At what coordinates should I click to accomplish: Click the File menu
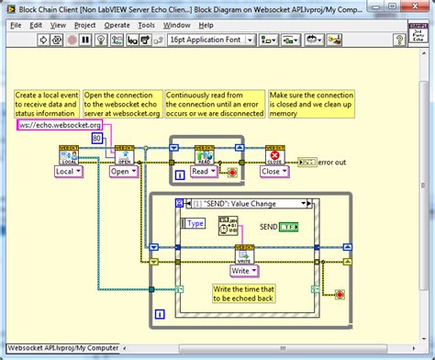coord(16,25)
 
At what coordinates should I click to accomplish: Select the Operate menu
coord(117,25)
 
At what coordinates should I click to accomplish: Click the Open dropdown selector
coord(124,171)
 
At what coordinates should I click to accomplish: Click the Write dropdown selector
coord(243,270)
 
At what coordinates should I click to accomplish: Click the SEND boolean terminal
coord(288,226)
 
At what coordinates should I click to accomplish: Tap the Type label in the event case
coord(195,222)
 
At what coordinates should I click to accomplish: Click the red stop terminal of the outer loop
coord(340,295)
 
